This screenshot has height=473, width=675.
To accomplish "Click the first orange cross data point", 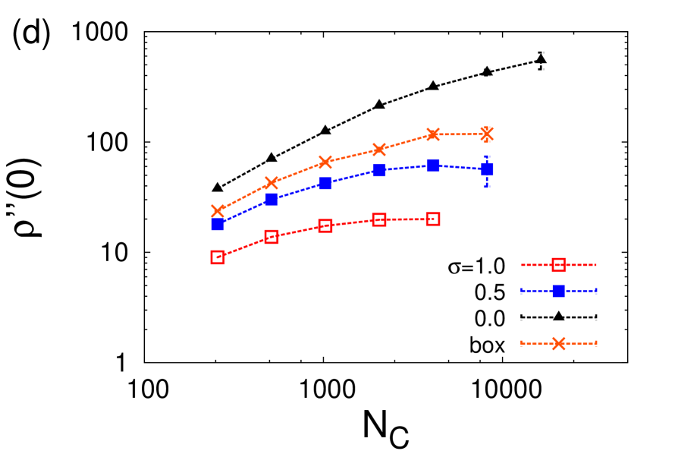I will (218, 210).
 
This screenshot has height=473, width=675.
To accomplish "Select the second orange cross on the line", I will (272, 183).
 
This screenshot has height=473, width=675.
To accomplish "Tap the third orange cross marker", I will (325, 162).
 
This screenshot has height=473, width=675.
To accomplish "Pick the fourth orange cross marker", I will (379, 149).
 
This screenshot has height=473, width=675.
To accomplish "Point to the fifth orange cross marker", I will (433, 134).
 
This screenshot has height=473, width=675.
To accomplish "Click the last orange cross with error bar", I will (487, 134).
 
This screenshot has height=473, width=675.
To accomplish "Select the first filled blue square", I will (218, 224).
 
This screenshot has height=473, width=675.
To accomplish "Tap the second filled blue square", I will (272, 200).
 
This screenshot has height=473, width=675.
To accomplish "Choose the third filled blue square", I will (325, 183).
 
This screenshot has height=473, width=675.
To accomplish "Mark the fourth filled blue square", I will (379, 170).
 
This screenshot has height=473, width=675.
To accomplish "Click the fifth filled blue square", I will (433, 165).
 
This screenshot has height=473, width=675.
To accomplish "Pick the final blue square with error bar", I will (487, 169).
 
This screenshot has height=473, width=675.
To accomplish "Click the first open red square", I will (218, 257).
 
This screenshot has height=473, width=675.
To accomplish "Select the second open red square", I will (272, 236).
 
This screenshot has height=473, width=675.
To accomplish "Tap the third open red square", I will (325, 225).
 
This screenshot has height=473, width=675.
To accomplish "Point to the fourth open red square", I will (379, 219).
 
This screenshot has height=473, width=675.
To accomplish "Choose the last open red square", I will (433, 219).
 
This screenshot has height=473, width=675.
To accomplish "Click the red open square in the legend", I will (559, 265).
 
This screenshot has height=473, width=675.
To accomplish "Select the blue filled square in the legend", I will (559, 291).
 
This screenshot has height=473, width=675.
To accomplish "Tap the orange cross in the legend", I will (559, 343).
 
